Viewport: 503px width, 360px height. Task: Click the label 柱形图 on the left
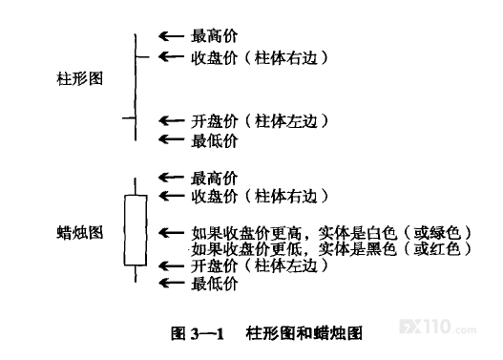[80, 78]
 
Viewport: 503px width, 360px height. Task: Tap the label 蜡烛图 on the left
[80, 233]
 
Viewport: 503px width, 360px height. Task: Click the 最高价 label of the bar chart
[215, 35]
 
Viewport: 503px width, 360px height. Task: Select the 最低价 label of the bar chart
[215, 141]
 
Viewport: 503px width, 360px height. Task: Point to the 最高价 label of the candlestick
[215, 179]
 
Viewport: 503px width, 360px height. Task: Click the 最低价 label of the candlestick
[215, 284]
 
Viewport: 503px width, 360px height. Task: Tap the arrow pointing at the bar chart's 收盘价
[171, 56]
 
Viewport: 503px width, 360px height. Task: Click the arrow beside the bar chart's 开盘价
[171, 120]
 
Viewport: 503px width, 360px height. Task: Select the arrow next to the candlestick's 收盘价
[171, 196]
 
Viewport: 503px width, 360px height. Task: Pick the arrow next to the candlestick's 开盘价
[171, 266]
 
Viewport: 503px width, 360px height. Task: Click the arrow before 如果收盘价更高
[171, 233]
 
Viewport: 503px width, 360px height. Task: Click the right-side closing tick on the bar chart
[142, 57]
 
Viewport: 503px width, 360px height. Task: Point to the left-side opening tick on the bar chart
[129, 118]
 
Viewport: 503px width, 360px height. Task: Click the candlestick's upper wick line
[136, 186]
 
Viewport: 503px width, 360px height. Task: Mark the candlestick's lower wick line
[136, 274]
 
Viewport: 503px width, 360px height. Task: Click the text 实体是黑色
[357, 249]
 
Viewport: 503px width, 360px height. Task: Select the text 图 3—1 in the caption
[198, 333]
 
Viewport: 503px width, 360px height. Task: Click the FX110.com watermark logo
[437, 327]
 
